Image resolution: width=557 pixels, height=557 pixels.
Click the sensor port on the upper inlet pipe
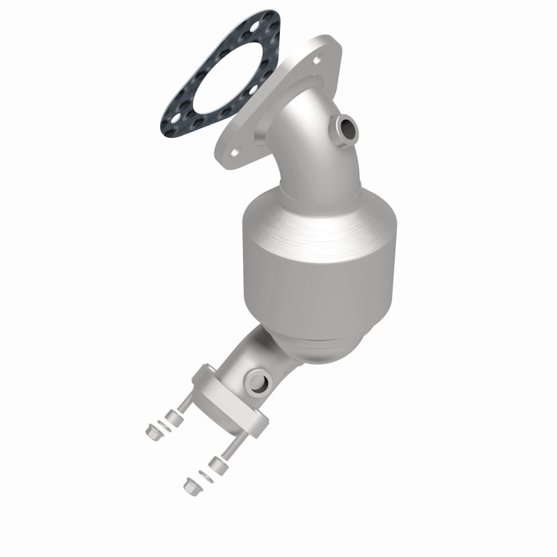(346, 127)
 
